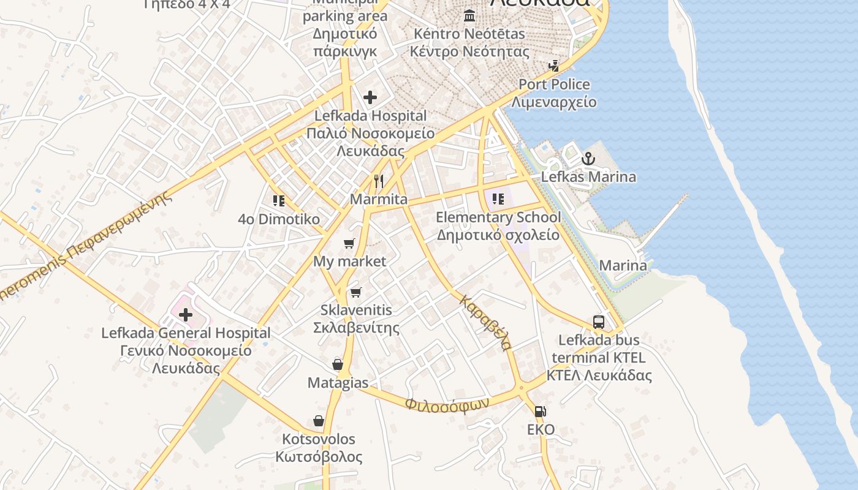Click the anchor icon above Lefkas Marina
point(588,159)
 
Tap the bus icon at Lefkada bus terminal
point(599,322)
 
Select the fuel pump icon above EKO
point(540,412)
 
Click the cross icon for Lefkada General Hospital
point(185,315)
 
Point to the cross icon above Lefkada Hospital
point(370,97)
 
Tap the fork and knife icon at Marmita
point(379,181)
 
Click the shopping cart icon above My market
point(349,244)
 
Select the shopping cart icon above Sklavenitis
point(356,292)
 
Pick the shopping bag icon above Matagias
point(338,364)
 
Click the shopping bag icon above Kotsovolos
point(319,421)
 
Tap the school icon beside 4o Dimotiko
point(279,200)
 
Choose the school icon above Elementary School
point(498,198)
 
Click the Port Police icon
point(554,66)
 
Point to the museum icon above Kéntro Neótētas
point(469,15)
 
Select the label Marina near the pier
point(623,265)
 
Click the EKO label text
point(541,429)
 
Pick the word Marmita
point(379,199)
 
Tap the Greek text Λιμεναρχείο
point(554,102)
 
